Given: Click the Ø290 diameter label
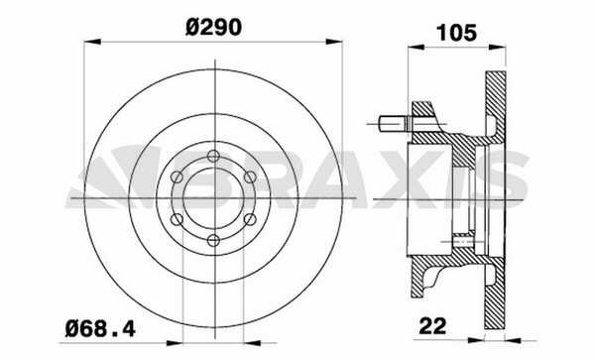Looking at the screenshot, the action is (213, 28).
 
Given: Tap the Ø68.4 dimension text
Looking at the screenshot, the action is (100, 328).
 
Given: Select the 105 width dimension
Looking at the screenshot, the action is (456, 33).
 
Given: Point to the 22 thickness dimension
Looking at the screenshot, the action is (432, 326).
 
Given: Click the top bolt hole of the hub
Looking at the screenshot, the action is (213, 156).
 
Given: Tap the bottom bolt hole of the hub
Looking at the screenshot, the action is (213, 241).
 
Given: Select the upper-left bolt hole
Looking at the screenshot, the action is (177, 177).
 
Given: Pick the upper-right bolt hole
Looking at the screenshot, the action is (250, 177).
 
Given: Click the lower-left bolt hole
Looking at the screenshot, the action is (177, 219).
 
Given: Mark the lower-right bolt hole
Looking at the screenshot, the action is (250, 219).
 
